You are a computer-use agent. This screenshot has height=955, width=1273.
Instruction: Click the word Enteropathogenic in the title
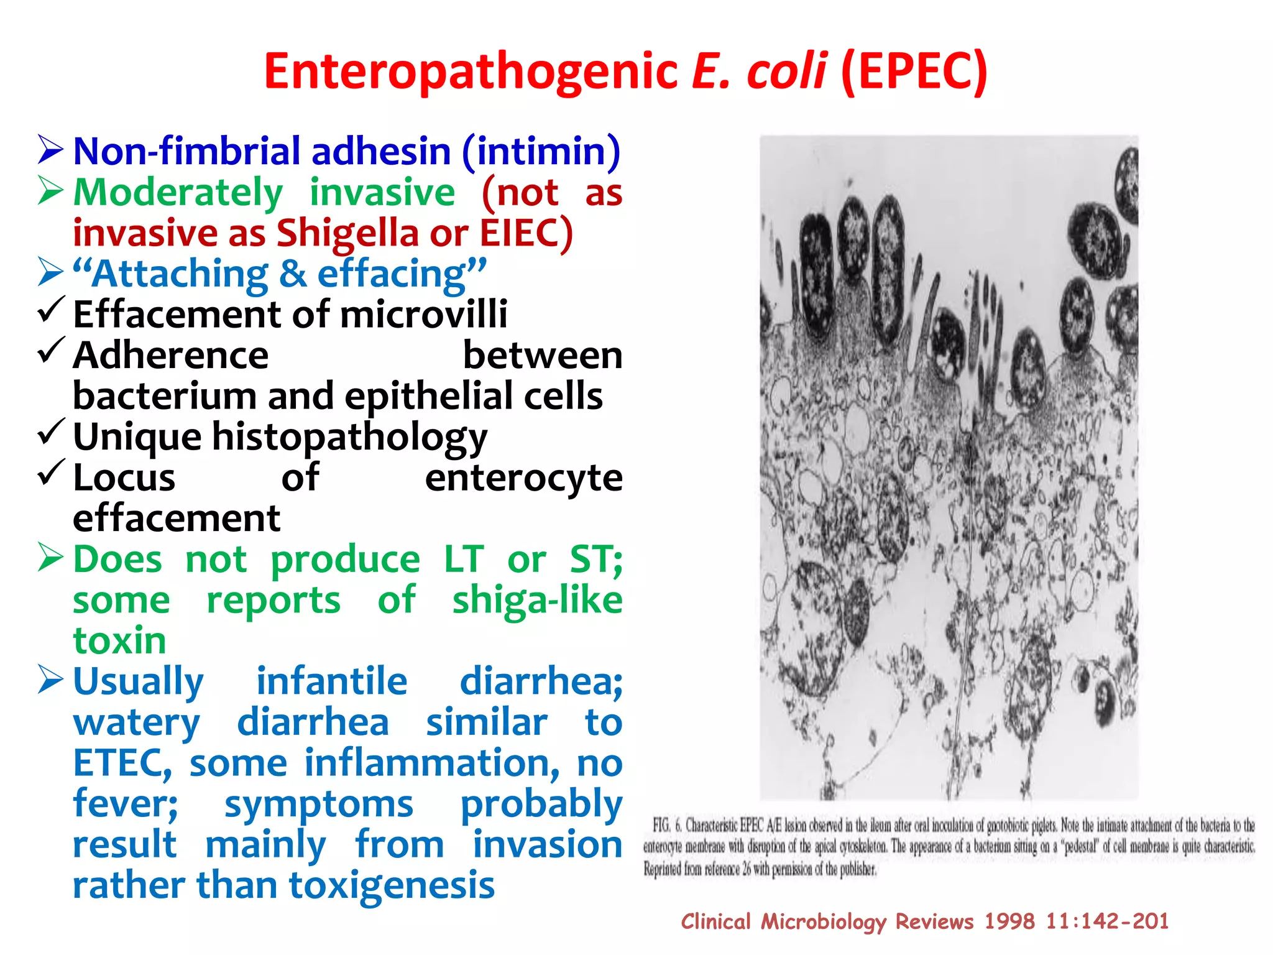coord(471,72)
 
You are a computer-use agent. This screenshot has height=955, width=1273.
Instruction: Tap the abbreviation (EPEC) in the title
coord(914,72)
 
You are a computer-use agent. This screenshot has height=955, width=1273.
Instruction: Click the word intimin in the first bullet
coord(540,152)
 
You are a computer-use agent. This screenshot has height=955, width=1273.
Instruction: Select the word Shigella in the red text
coord(347,233)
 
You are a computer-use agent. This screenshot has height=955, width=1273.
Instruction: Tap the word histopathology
coord(350,437)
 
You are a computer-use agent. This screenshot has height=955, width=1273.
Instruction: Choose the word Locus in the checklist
coord(124,478)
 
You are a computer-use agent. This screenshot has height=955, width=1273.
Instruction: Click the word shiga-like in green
coord(537,601)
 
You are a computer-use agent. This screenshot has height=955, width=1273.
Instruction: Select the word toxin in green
coord(119,641)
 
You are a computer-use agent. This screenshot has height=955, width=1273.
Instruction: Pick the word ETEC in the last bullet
coord(122,764)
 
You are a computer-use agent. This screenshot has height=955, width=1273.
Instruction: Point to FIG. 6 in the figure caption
coord(666,826)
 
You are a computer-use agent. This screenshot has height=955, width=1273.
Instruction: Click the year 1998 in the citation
coord(1009,921)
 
